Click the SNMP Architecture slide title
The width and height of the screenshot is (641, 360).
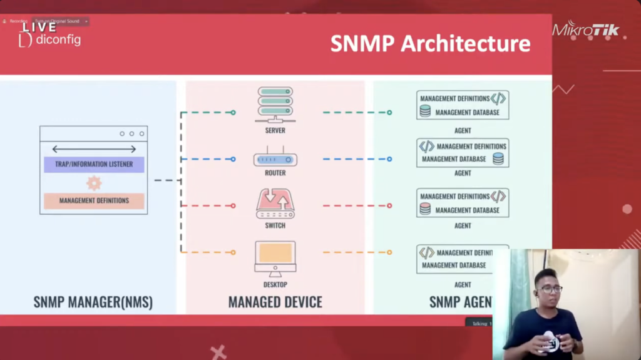[x=430, y=44]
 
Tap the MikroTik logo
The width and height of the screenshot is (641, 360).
[x=585, y=29]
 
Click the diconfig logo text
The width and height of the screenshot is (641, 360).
[x=58, y=40]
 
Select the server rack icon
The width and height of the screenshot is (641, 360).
[x=275, y=105]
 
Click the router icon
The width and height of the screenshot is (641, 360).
[x=275, y=159]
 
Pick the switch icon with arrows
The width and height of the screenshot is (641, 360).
[x=275, y=204]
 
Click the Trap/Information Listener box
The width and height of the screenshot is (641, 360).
[x=94, y=165]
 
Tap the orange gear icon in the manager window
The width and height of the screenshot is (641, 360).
[x=94, y=183]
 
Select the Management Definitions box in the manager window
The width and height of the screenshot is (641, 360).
[x=94, y=201]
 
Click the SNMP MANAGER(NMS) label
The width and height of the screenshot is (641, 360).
[x=93, y=302]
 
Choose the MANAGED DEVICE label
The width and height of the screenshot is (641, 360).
[x=275, y=302]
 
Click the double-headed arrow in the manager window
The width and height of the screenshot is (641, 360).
[x=94, y=149]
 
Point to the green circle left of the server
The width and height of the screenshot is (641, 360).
[x=233, y=113]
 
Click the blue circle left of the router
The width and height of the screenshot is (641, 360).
[x=233, y=159]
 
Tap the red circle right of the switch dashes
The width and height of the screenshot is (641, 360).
[x=389, y=205]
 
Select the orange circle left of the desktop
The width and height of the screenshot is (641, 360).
[x=233, y=252]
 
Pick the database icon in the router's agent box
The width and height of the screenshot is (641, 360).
[x=498, y=159]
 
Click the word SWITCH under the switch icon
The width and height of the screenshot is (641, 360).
[x=275, y=225]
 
